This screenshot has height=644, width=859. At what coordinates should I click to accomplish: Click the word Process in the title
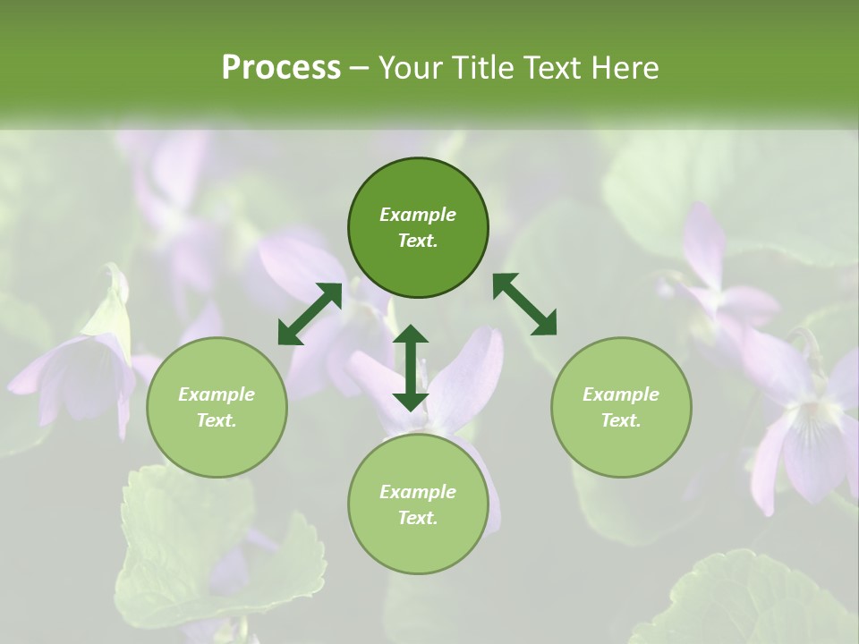point(281,68)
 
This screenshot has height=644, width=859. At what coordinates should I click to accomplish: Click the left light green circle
point(217,407)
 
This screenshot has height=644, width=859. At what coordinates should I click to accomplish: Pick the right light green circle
point(621,407)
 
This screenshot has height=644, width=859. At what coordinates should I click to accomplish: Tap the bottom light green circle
point(418,504)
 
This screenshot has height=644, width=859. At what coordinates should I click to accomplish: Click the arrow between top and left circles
point(310,313)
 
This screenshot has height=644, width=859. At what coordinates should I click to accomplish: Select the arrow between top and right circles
point(525,304)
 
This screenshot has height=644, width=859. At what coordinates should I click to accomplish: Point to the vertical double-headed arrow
point(411,368)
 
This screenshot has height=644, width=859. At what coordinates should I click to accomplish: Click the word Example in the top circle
point(418,215)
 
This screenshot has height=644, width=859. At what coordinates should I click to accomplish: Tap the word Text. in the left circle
point(217,420)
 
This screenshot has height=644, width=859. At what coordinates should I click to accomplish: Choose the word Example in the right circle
point(621,394)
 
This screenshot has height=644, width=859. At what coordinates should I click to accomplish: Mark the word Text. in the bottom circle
point(418,518)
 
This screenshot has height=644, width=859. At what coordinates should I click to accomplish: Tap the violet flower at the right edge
point(805,429)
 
